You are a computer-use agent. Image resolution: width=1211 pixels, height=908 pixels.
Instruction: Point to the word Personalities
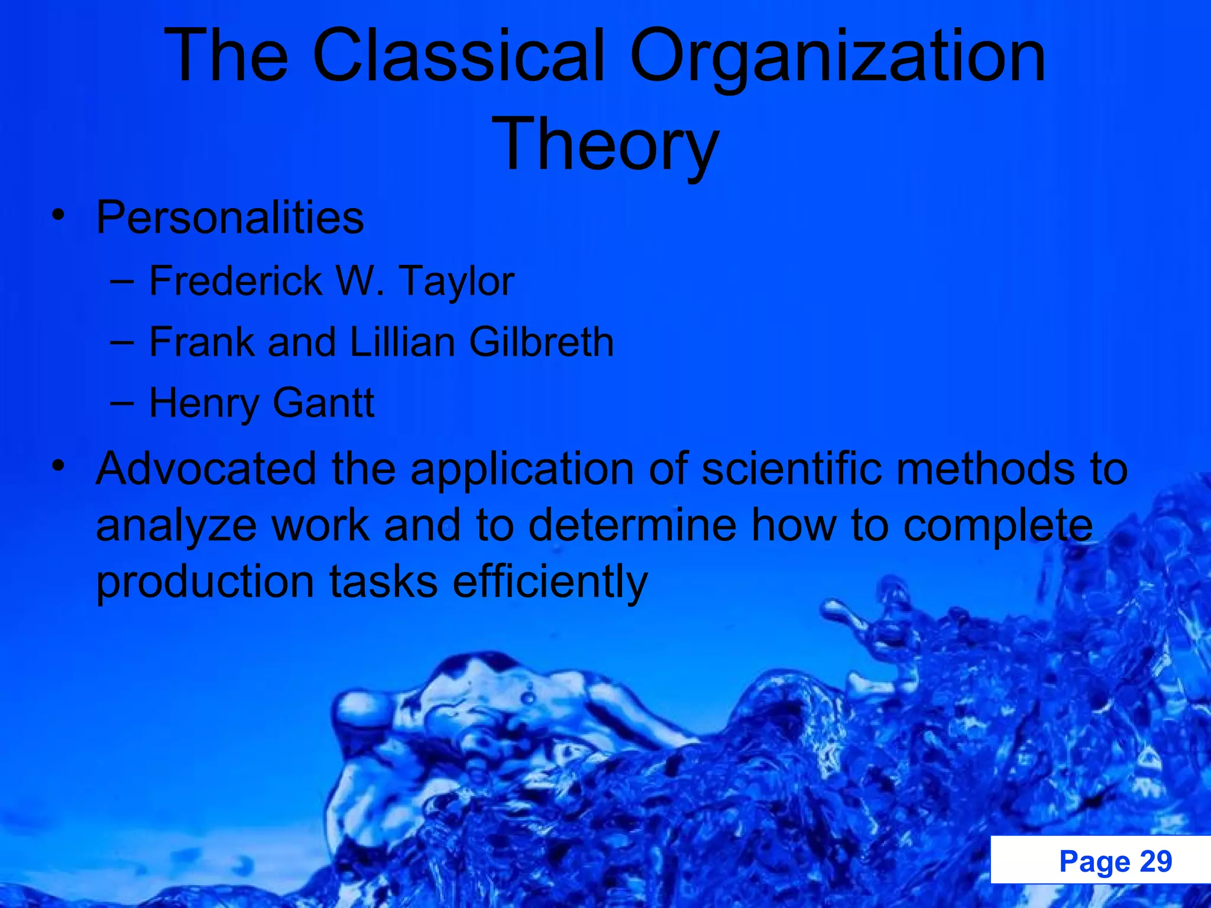click(229, 218)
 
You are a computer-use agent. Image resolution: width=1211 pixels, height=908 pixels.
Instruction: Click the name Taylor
click(457, 281)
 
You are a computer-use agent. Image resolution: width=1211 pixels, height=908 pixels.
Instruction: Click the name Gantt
click(323, 403)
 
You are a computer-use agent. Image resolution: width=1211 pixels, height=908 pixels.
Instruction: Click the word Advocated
click(206, 468)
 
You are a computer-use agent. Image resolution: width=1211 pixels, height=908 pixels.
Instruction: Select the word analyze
click(176, 526)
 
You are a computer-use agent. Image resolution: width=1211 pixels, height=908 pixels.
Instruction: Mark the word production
click(205, 582)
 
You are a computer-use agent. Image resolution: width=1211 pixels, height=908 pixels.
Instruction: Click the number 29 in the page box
click(1155, 861)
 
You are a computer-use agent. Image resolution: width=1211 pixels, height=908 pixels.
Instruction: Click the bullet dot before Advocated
click(57, 466)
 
